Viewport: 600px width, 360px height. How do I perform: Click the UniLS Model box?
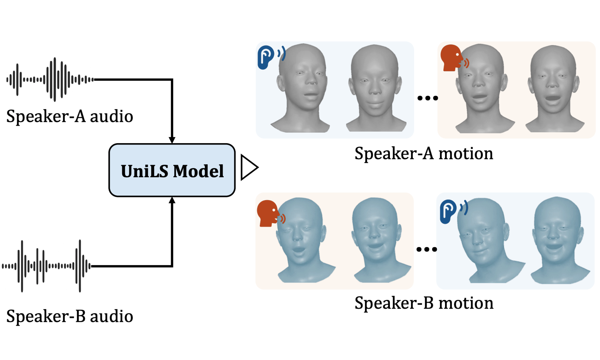click(x=172, y=170)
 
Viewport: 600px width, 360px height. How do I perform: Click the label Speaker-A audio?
click(x=70, y=116)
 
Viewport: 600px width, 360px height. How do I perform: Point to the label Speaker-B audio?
click(x=70, y=316)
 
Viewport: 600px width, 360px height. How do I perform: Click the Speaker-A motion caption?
click(x=423, y=153)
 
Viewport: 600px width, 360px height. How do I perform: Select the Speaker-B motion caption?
click(x=423, y=303)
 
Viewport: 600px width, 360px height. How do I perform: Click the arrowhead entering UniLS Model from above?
click(x=172, y=140)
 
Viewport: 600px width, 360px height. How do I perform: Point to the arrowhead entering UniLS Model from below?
click(x=172, y=200)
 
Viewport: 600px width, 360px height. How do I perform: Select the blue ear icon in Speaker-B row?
click(x=451, y=211)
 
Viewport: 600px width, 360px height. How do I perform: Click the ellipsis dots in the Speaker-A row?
click(x=427, y=98)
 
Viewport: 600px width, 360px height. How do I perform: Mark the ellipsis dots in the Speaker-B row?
click(x=426, y=250)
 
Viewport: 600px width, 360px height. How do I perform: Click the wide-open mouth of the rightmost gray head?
click(x=553, y=98)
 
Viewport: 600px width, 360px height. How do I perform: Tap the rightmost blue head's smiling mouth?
click(x=554, y=246)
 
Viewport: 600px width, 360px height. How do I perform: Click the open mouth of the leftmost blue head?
click(x=298, y=250)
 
